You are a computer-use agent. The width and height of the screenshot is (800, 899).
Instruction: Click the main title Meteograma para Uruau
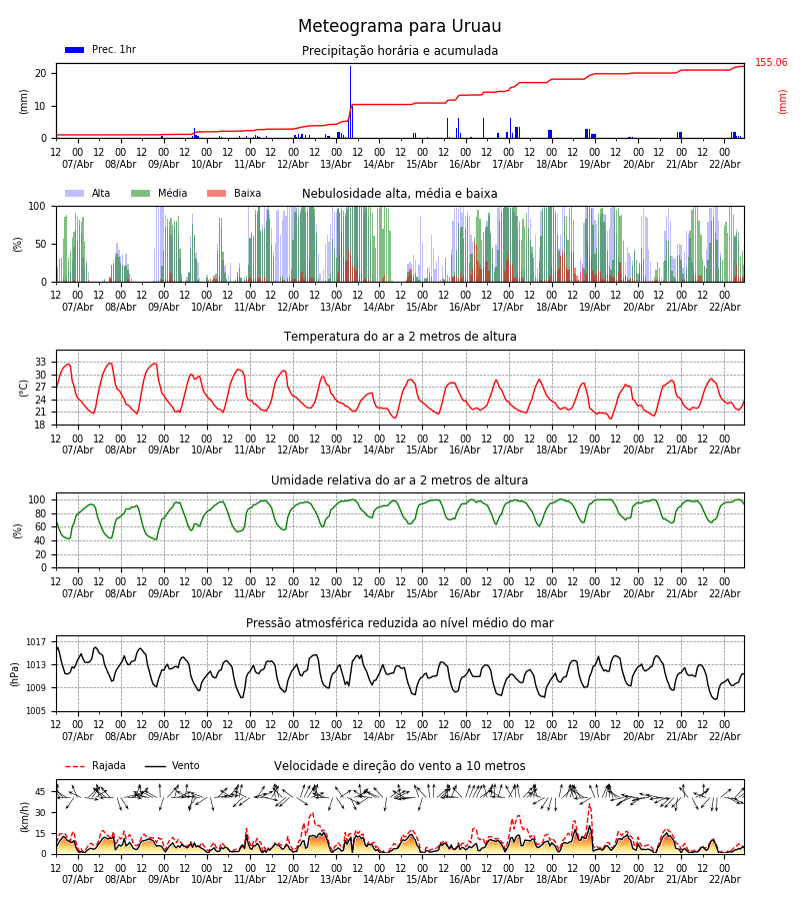[x=400, y=27]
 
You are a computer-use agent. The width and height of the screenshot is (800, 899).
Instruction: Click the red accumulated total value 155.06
[x=771, y=63]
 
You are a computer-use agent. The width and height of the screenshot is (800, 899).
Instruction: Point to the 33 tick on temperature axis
[x=41, y=363]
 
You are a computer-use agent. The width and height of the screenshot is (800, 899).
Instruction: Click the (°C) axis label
[x=25, y=388]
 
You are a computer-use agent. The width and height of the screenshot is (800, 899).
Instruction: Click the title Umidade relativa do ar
[x=400, y=480]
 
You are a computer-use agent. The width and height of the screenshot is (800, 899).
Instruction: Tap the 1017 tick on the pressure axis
[x=36, y=642]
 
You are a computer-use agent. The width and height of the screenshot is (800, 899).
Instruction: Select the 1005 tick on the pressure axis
[x=36, y=711]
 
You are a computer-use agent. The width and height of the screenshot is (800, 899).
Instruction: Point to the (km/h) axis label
[x=25, y=817]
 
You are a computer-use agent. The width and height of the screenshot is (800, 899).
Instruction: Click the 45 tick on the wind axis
[x=41, y=792]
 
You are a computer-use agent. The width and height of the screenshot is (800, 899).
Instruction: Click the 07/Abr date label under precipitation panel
[x=78, y=164]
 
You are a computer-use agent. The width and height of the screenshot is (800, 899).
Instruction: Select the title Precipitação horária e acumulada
[x=400, y=51]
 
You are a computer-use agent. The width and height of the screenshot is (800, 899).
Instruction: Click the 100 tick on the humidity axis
[x=38, y=499]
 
